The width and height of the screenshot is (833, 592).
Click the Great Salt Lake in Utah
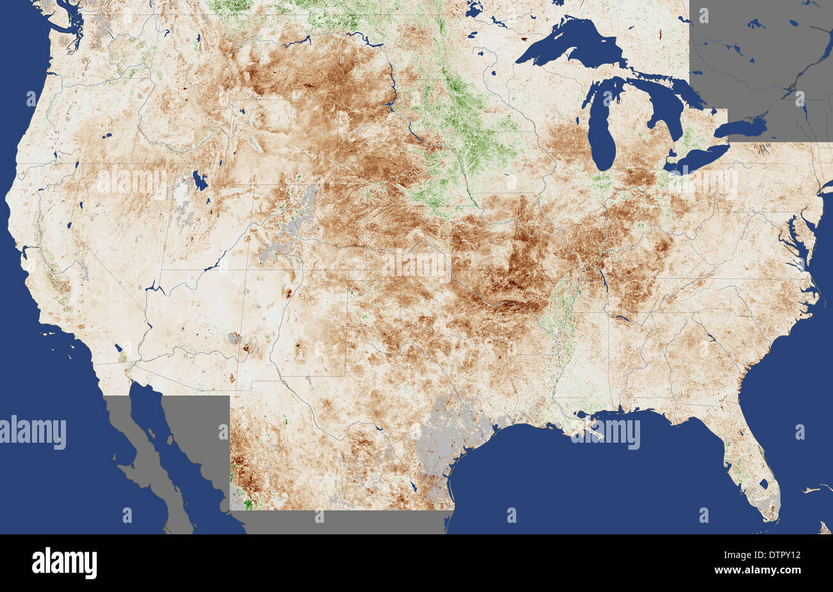coord(200,181)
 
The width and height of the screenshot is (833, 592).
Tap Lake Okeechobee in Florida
coord(763,484)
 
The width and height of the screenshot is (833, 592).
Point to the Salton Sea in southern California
coord(119,350)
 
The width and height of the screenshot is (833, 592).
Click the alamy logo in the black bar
coord(64,563)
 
